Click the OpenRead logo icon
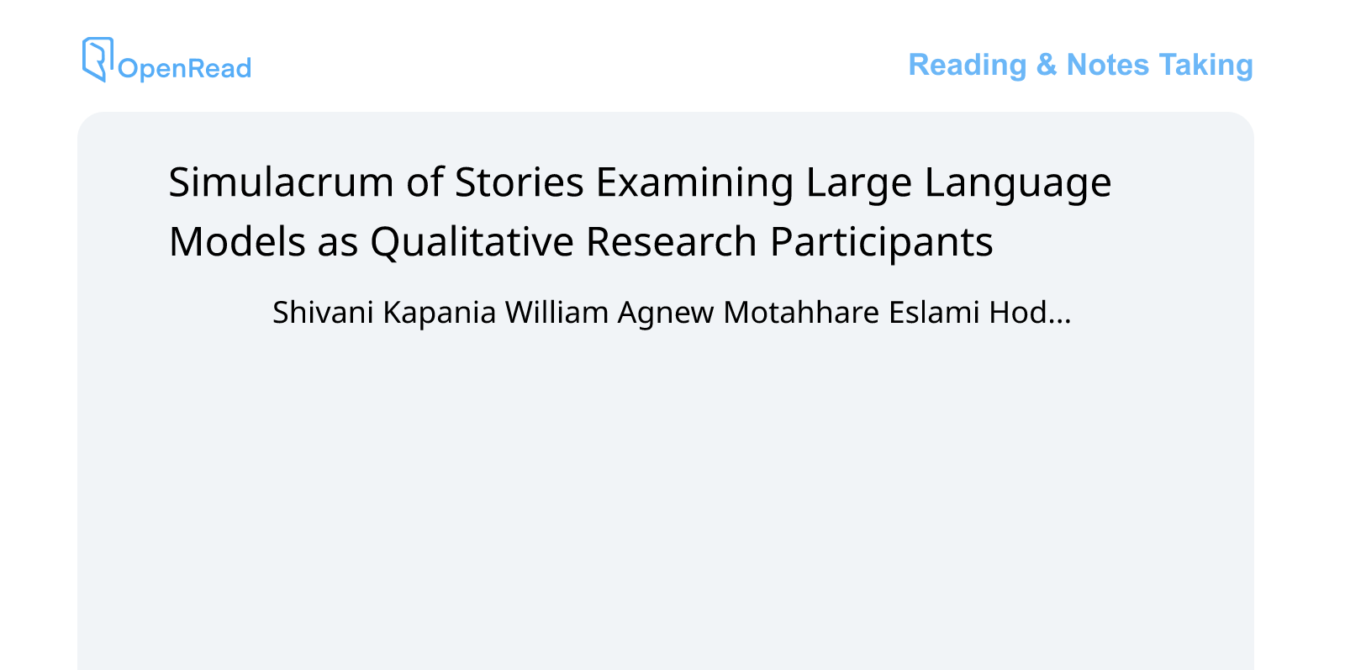tap(98, 59)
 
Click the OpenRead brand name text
tap(184, 68)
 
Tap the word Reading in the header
tap(968, 65)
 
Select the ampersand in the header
tap(1047, 65)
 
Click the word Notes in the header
tap(1107, 65)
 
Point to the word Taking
tap(1206, 65)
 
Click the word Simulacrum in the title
tap(281, 182)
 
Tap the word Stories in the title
tap(520, 182)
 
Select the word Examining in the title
tap(694, 182)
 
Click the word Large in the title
tap(858, 182)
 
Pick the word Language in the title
tap(1018, 182)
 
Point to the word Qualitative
tap(472, 242)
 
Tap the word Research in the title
tap(672, 242)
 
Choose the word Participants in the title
tap(882, 242)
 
